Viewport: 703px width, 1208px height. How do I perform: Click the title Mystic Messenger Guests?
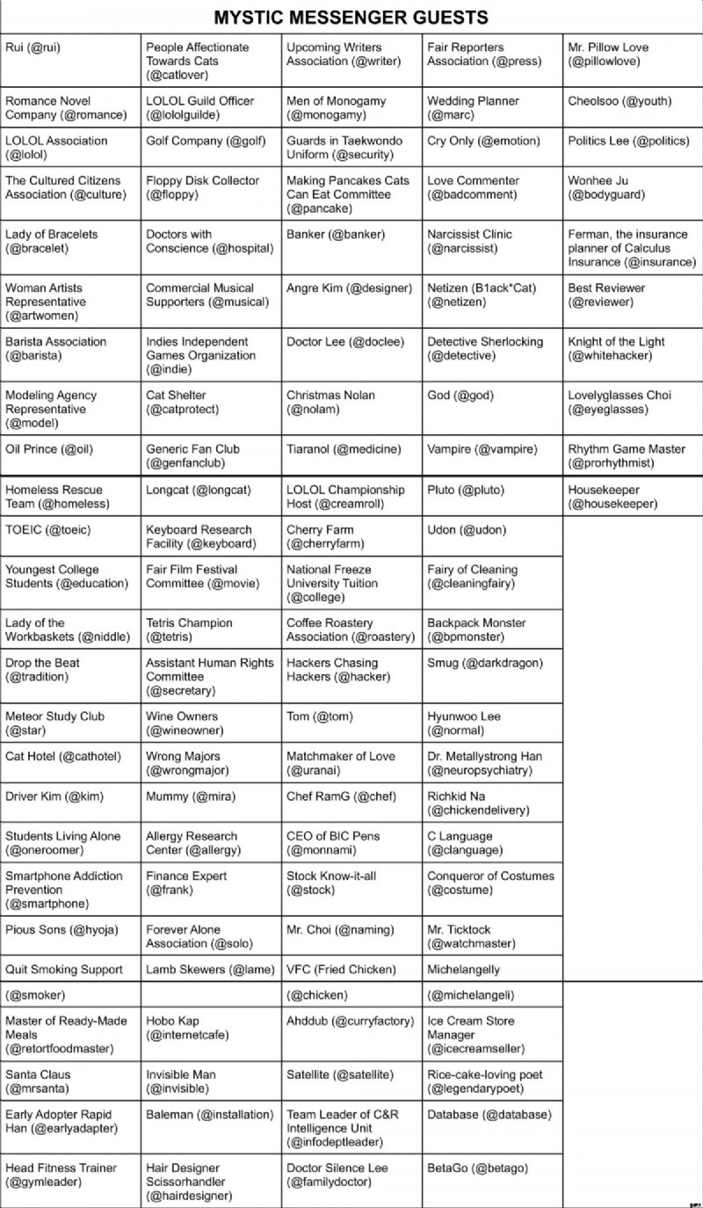[x=351, y=18]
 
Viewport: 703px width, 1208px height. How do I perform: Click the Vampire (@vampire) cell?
[x=482, y=449]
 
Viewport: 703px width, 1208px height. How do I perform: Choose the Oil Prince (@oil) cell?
[x=48, y=449]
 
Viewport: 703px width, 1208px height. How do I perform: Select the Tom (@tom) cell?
[x=320, y=717]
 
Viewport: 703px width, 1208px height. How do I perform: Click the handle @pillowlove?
[x=605, y=62]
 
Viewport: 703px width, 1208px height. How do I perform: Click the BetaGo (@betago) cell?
[x=478, y=1168]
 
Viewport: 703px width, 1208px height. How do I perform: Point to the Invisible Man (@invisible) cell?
[x=185, y=1081]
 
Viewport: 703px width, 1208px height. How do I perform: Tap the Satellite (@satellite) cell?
[x=339, y=1074]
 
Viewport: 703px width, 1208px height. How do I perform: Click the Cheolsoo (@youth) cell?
[x=620, y=101]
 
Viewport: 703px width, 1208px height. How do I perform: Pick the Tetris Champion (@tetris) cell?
[x=189, y=629]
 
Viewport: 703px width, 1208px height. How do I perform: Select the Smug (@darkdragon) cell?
[x=485, y=663]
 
